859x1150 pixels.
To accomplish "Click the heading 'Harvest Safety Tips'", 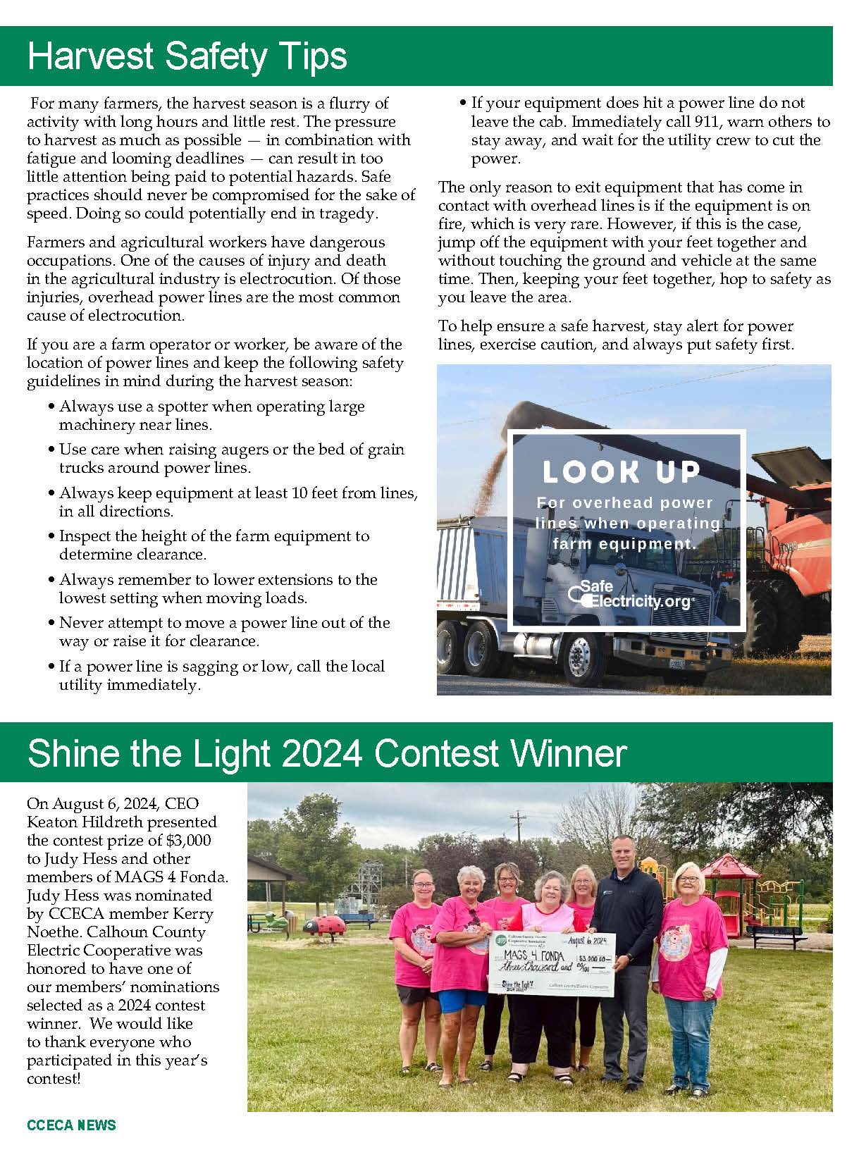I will tap(187, 56).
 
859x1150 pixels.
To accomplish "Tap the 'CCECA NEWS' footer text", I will tap(71, 1125).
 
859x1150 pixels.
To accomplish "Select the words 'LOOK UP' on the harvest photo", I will tap(621, 472).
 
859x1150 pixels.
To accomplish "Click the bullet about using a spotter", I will tap(211, 416).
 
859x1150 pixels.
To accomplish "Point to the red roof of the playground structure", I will tap(730, 866).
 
